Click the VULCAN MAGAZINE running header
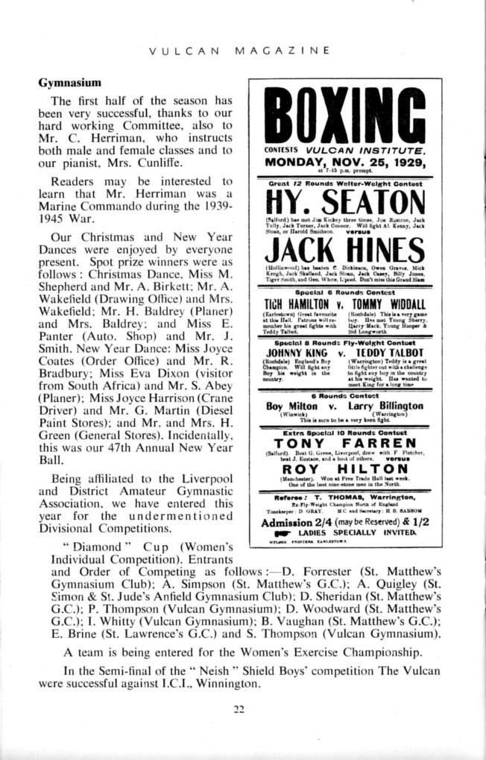coord(239,51)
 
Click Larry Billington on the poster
coord(386,406)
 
